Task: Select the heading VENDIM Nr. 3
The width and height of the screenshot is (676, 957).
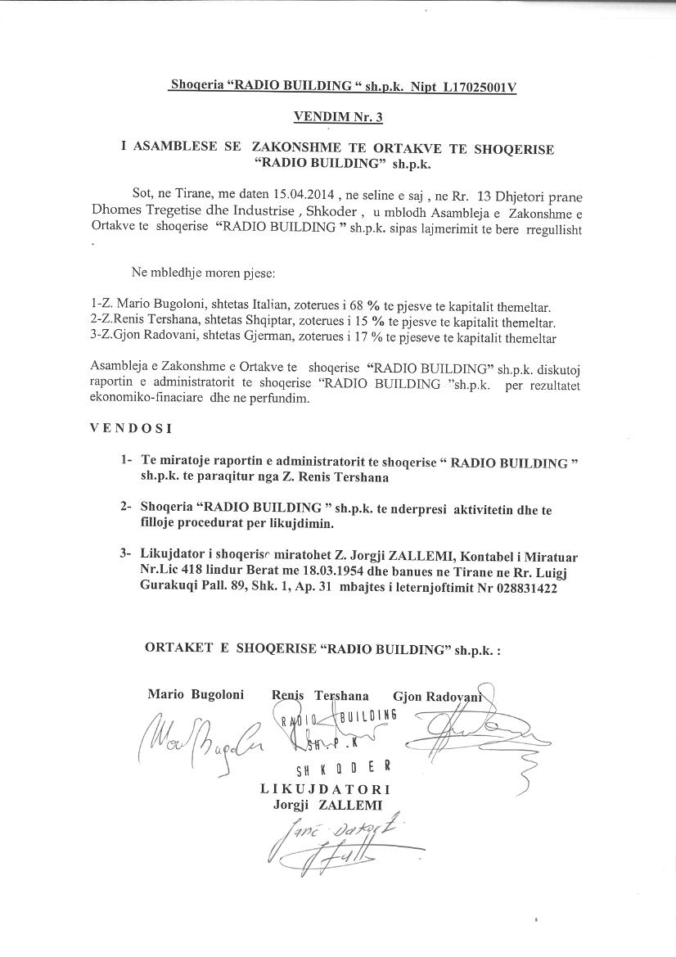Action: pyautogui.click(x=337, y=118)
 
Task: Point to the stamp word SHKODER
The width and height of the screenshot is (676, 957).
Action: pyautogui.click(x=343, y=768)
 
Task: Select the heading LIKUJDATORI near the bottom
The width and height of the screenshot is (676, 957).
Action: pyautogui.click(x=325, y=789)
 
